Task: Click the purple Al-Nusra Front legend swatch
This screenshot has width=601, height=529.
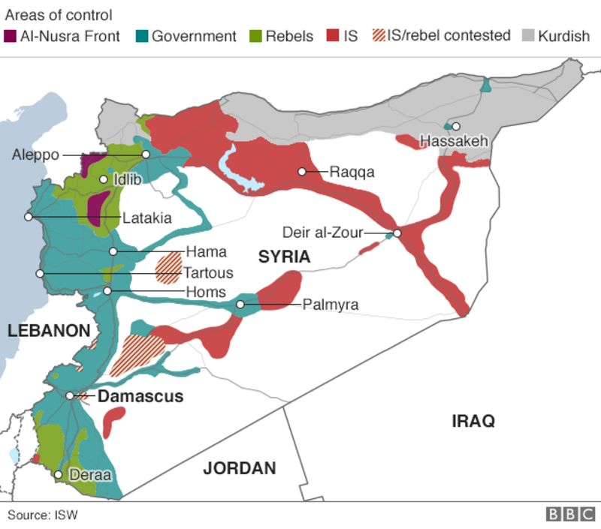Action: pyautogui.click(x=11, y=36)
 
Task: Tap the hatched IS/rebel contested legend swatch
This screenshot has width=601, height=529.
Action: pyautogui.click(x=379, y=36)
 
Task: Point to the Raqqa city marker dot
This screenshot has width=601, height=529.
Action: pyautogui.click(x=302, y=172)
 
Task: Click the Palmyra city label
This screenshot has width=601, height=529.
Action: pyautogui.click(x=330, y=305)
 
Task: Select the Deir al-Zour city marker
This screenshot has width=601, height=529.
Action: pyautogui.click(x=397, y=233)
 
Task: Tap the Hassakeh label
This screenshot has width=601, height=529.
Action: pyautogui.click(x=454, y=141)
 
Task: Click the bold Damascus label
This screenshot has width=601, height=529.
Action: pyautogui.click(x=140, y=396)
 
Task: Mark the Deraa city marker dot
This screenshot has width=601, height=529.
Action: pyautogui.click(x=59, y=474)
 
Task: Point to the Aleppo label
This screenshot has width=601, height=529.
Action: pyautogui.click(x=35, y=155)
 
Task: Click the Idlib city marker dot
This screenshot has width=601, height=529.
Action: pyautogui.click(x=104, y=179)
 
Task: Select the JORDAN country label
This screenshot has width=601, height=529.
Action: pyautogui.click(x=240, y=468)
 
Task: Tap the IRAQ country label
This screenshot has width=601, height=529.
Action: pyautogui.click(x=473, y=421)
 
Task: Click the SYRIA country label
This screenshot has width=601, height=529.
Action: pyautogui.click(x=284, y=257)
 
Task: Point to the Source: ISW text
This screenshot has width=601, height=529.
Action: pyautogui.click(x=43, y=515)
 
